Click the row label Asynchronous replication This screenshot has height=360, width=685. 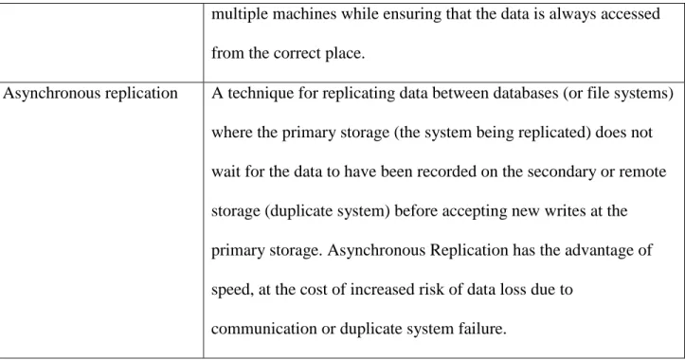pyautogui.click(x=90, y=94)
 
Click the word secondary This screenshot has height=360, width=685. pyautogui.click(x=562, y=172)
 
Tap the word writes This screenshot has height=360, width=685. pyautogui.click(x=565, y=211)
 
